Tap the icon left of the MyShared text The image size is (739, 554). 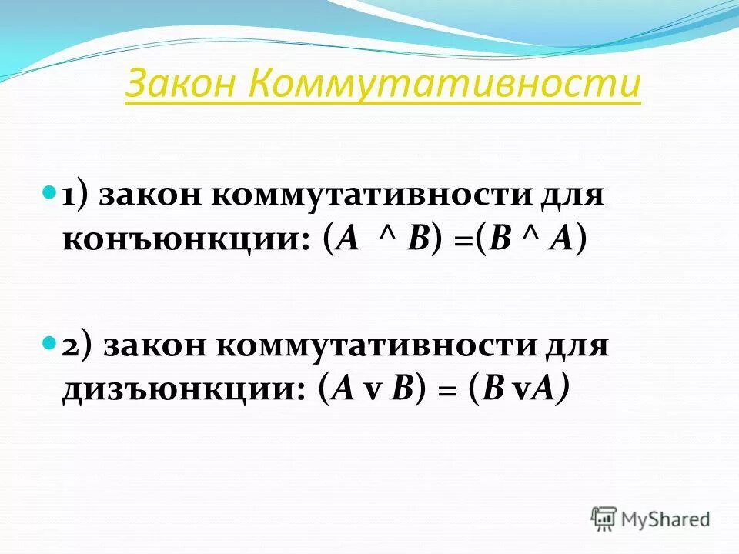[x=604, y=519]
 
